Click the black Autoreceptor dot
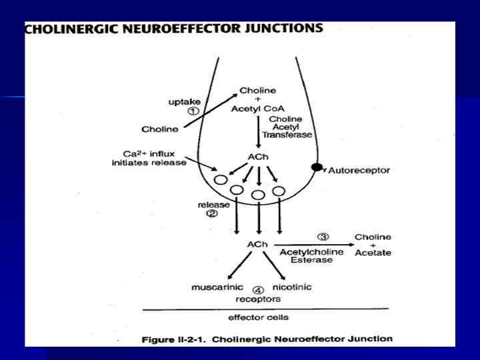317,167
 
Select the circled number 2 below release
211,214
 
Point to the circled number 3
322,237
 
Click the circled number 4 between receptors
259,290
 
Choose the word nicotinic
292,287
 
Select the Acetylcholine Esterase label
306,257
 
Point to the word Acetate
373,253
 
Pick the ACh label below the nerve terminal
257,245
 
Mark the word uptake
183,101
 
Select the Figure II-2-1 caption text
267,339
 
